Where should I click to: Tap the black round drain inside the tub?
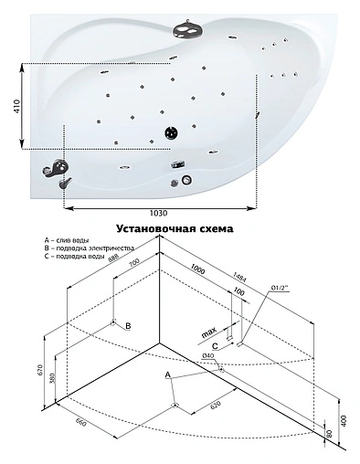(171, 133)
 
